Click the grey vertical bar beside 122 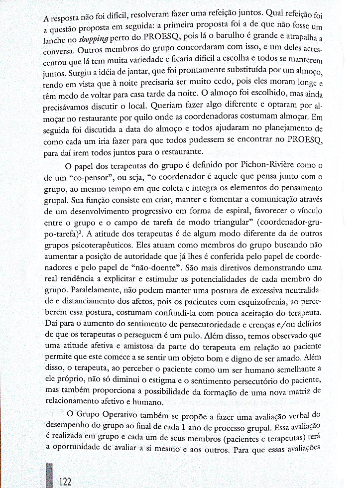[48, 476]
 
